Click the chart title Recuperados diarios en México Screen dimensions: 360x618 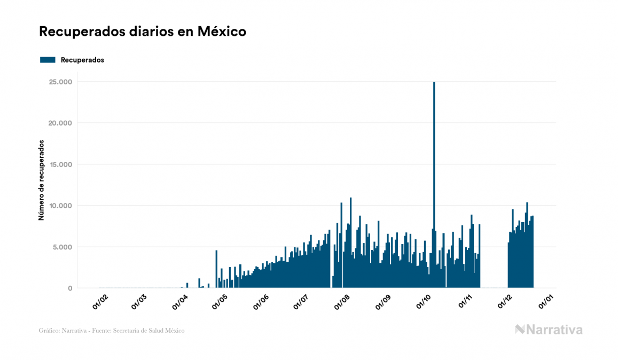point(143,32)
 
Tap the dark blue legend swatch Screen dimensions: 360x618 point(48,60)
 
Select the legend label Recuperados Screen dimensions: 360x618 point(82,60)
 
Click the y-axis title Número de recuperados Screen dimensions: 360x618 point(41,180)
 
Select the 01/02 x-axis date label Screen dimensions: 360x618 point(100,302)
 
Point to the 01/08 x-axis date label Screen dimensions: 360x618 point(341,302)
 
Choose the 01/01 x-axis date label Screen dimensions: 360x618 point(545,302)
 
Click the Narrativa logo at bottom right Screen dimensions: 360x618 point(549,330)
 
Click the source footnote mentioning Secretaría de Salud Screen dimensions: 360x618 point(112,331)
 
